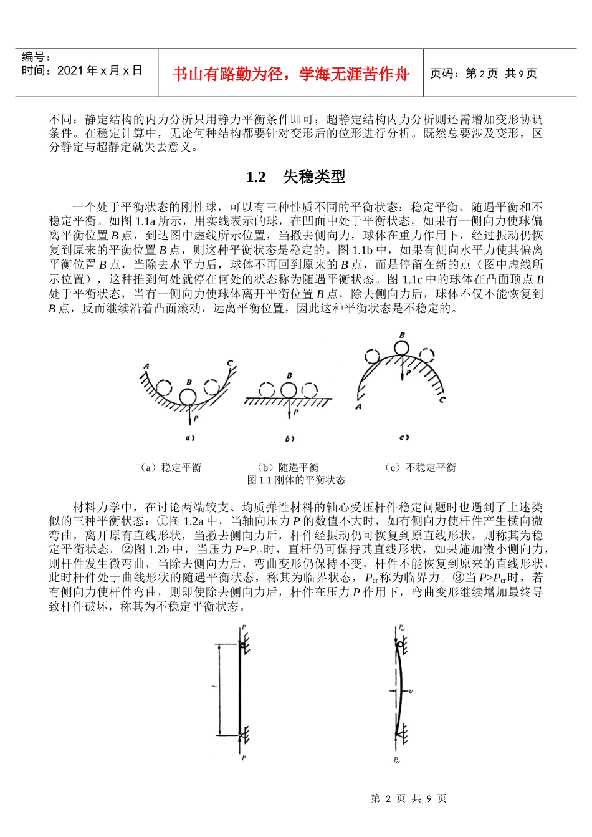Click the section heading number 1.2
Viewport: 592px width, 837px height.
[256, 178]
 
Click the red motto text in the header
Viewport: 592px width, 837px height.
[290, 74]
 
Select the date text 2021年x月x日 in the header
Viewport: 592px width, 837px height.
[100, 70]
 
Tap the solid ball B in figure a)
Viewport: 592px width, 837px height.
[188, 397]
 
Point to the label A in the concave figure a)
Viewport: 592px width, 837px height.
[146, 366]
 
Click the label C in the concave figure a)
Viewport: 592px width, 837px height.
[230, 363]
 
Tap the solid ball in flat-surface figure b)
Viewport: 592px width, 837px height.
[289, 390]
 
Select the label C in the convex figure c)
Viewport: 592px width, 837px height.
[442, 399]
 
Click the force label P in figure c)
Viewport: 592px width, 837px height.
[409, 373]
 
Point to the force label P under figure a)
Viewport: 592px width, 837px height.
[196, 418]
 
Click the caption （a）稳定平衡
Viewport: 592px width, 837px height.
[170, 468]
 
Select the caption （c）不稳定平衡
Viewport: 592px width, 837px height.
[421, 468]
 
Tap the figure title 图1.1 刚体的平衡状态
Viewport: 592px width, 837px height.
[296, 480]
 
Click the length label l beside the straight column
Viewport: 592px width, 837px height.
[214, 687]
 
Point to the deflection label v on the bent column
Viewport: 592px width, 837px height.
[411, 691]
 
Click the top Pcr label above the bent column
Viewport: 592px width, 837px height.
[402, 628]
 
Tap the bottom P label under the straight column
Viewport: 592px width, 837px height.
[243, 758]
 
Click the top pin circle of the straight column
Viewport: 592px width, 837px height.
[242, 646]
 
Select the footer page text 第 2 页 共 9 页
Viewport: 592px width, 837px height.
[408, 799]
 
